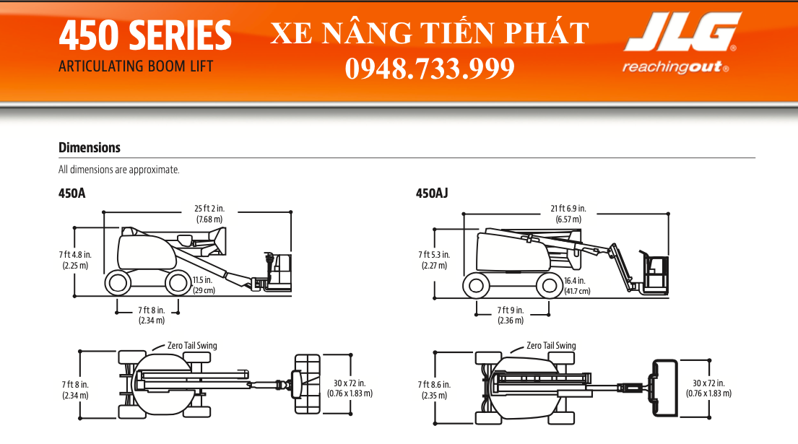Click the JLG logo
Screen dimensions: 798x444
tap(682, 32)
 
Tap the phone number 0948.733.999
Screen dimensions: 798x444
tap(430, 68)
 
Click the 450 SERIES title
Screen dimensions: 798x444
tap(145, 35)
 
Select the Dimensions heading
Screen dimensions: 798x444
tap(90, 147)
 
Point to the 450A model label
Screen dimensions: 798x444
tap(71, 193)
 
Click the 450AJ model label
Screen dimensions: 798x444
tap(432, 193)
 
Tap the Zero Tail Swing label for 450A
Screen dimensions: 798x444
tap(192, 346)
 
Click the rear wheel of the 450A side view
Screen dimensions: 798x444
tap(118, 283)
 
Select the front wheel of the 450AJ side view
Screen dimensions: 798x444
tap(550, 286)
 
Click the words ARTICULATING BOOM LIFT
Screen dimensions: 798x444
tap(136, 66)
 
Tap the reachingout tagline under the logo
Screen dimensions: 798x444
tap(675, 67)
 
